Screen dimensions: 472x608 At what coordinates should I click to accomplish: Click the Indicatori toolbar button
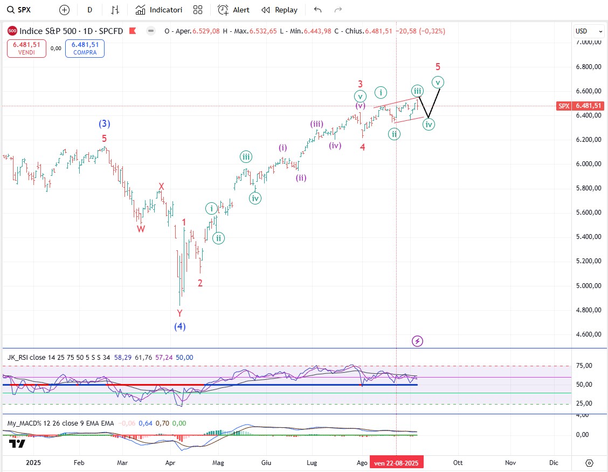[159, 10]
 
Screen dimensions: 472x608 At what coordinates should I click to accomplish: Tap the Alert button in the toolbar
[234, 10]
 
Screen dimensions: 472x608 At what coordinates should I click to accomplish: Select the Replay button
[280, 10]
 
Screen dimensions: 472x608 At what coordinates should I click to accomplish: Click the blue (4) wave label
[179, 326]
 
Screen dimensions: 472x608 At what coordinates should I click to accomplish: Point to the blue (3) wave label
[105, 124]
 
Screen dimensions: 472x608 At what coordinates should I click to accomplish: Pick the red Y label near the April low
[179, 313]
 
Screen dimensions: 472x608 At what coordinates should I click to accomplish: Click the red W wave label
[141, 229]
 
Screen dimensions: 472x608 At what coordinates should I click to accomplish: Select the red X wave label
[161, 187]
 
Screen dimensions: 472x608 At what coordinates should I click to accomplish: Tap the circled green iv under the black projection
[429, 125]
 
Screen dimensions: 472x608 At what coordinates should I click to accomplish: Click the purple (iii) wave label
[316, 124]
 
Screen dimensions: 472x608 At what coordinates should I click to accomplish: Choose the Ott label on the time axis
[458, 462]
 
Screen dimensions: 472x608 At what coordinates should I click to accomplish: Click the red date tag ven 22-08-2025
[396, 462]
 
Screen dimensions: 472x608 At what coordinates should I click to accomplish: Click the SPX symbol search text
[24, 10]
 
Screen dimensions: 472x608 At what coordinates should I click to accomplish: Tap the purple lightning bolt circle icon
[417, 341]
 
